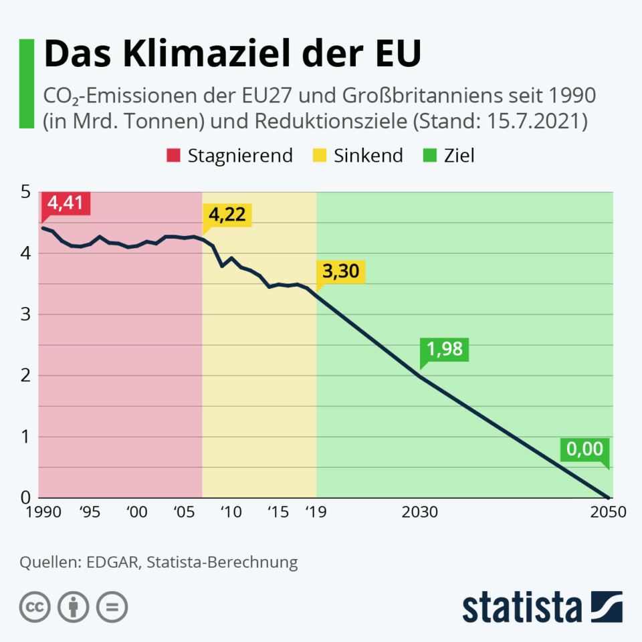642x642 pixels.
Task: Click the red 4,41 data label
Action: (65, 203)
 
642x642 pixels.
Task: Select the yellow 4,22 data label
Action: (227, 215)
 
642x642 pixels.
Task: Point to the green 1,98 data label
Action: (445, 350)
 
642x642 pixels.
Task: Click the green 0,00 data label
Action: (584, 449)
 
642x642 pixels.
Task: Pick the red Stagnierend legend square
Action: (173, 156)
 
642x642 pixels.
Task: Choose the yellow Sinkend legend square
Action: (320, 156)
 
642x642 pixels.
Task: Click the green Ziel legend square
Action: (429, 156)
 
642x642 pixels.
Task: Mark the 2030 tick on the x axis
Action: (420, 512)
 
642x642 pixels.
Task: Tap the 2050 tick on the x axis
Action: (608, 512)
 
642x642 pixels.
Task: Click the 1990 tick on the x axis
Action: (42, 512)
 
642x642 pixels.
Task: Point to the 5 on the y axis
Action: (26, 193)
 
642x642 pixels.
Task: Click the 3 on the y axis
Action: (26, 314)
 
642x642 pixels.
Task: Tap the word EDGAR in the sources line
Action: (112, 562)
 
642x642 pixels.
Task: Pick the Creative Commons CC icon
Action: (35, 607)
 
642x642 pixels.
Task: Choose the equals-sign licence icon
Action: (112, 607)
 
